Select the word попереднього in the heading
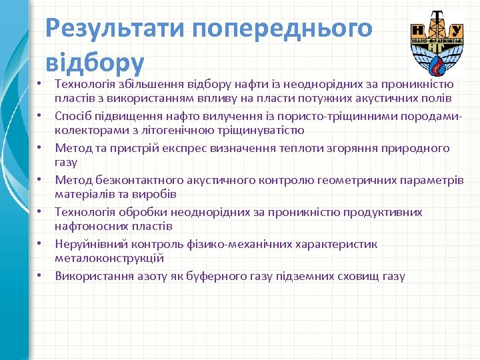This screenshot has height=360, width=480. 282,29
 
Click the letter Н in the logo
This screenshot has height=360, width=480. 419,30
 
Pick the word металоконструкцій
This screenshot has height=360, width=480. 109,258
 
